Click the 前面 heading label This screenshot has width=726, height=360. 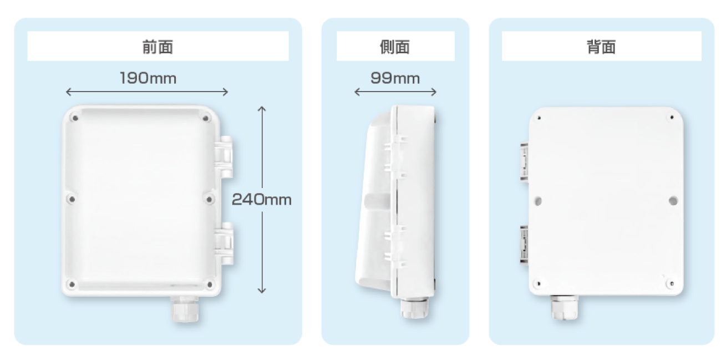[x=158, y=47]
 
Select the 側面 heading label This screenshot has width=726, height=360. [x=395, y=47]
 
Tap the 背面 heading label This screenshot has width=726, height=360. [x=601, y=47]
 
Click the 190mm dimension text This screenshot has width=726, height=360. [x=148, y=78]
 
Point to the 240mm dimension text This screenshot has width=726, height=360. [x=261, y=200]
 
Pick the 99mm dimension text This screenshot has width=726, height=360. [x=395, y=78]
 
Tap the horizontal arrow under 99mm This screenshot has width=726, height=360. [x=395, y=92]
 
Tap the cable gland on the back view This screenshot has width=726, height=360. [x=564, y=307]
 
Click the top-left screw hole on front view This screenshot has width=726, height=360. [x=75, y=118]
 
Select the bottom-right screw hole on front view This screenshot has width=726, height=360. [x=209, y=285]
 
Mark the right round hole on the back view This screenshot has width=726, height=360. [x=673, y=199]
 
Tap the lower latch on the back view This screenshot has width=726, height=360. [x=524, y=244]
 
